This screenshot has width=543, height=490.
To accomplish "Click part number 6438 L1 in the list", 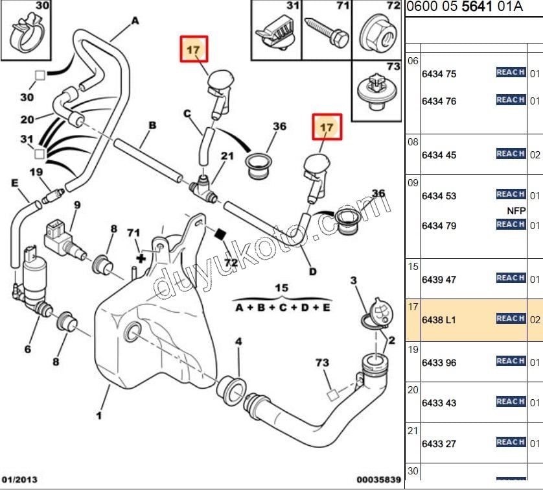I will (439, 321).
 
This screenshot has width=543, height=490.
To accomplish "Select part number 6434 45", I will (439, 156).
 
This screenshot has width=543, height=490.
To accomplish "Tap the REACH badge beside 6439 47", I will (511, 278).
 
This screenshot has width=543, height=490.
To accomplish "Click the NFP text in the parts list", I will (515, 210).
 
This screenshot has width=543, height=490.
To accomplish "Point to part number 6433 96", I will (439, 363).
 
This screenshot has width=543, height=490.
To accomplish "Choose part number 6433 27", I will (439, 444).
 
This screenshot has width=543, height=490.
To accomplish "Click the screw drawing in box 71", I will (323, 30).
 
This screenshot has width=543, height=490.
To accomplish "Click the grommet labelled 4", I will (233, 387).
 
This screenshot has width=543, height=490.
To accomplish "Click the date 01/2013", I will (19, 480).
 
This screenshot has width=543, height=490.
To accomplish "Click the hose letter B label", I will (153, 125).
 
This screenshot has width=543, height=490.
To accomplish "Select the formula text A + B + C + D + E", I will (282, 307).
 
